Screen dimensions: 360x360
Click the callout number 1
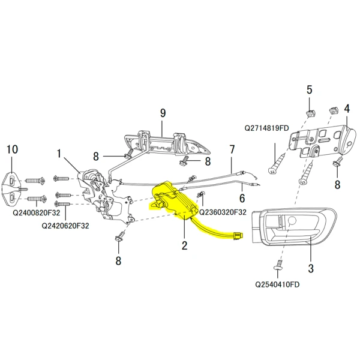(59, 154)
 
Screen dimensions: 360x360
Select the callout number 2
(184, 245)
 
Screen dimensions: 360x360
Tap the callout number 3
(311, 268)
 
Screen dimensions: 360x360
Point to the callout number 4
(347, 109)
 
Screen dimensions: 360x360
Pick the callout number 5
(310, 90)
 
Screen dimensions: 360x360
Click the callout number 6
(243, 197)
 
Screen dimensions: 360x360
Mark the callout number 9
(162, 112)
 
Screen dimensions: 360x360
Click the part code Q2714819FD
(266, 128)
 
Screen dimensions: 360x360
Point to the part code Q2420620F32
(65, 226)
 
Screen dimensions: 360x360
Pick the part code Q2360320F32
(223, 212)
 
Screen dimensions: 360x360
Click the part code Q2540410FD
(277, 285)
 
